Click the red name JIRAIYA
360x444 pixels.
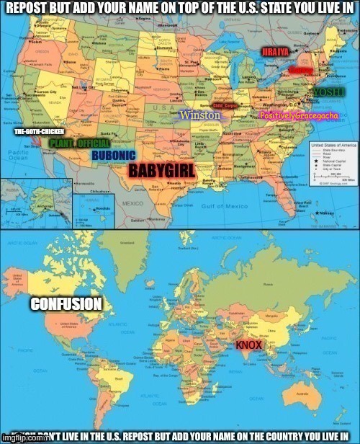[x=275, y=53]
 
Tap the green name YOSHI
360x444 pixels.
[x=330, y=93]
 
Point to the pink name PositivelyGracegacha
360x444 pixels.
[x=294, y=116]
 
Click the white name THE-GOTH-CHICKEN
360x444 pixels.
[x=40, y=132]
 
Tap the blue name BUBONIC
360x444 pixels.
[x=114, y=156]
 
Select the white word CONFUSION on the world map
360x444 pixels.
[x=66, y=304]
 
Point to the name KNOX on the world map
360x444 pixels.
[x=248, y=345]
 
